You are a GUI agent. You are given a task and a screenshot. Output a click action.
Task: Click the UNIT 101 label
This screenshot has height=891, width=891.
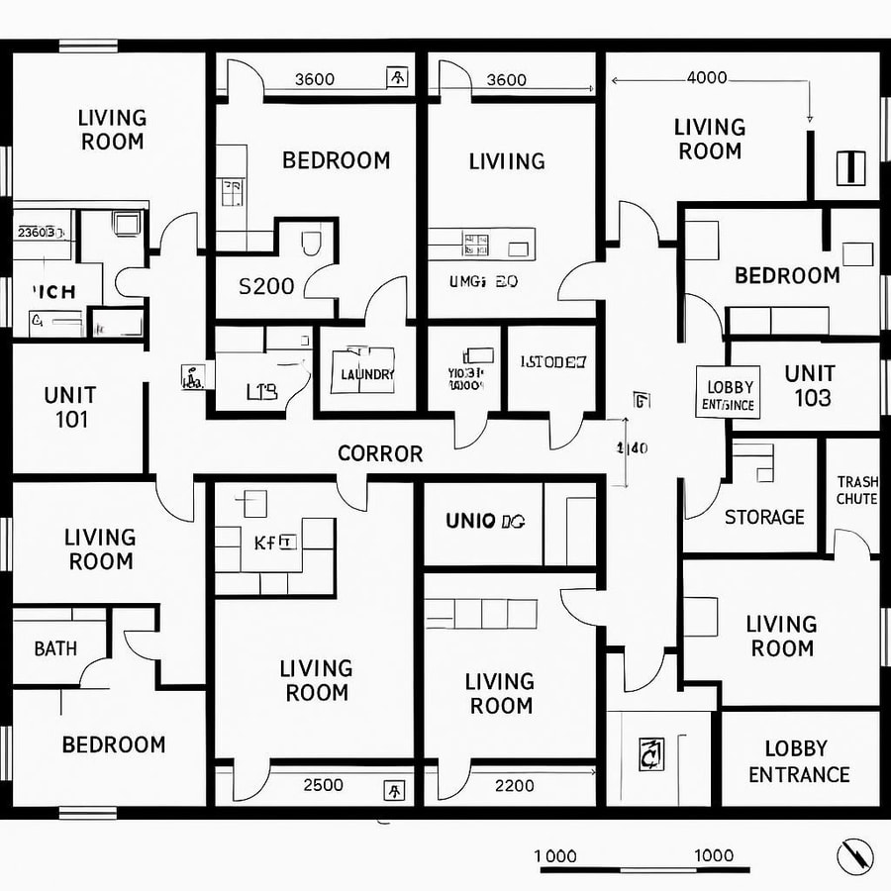tap(72, 407)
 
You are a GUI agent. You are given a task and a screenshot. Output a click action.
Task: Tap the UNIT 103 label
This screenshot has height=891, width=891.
tap(808, 386)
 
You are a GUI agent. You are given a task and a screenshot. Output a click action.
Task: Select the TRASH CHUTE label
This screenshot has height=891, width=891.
tap(856, 490)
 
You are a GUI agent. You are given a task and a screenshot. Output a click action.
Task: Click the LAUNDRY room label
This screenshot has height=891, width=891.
tap(366, 374)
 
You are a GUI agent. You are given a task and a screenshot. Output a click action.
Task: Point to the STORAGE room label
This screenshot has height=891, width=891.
tap(764, 517)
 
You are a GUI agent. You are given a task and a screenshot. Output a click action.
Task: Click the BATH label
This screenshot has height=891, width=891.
tap(55, 649)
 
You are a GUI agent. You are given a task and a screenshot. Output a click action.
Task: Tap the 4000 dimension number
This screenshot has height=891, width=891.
tap(706, 78)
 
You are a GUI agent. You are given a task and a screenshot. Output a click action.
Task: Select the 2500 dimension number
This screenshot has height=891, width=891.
tap(323, 785)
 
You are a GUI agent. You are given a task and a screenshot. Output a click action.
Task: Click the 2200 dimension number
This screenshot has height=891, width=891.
tap(513, 785)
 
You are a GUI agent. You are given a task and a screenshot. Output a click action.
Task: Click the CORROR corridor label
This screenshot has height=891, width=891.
tap(380, 453)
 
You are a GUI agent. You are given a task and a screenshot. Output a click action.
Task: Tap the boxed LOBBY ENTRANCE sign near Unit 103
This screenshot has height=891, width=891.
tap(728, 395)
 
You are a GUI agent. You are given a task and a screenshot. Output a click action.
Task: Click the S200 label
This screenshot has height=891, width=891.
tap(266, 286)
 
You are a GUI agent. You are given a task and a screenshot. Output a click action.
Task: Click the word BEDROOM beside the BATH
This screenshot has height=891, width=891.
tap(114, 744)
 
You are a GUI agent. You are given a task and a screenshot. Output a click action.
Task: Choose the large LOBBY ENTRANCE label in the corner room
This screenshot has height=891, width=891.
tap(799, 761)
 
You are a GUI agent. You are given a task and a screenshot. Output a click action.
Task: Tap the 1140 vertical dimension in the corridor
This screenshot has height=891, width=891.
tap(633, 447)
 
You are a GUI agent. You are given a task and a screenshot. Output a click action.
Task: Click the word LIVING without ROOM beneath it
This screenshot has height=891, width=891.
tap(507, 160)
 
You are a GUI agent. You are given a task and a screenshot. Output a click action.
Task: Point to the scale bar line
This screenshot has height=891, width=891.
tap(643, 870)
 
